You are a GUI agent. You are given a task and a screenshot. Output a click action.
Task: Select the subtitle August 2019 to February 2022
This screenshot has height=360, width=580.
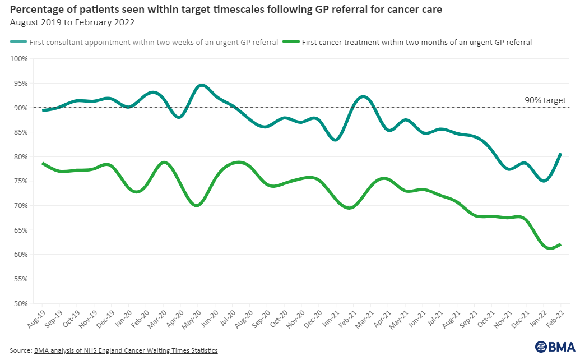coord(72,22)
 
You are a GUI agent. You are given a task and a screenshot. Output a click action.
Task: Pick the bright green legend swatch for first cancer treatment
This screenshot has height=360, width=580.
coord(291,41)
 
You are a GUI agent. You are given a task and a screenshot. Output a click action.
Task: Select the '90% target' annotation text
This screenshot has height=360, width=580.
coord(545,100)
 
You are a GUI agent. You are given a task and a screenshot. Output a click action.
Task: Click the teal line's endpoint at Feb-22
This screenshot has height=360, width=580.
coord(560,154)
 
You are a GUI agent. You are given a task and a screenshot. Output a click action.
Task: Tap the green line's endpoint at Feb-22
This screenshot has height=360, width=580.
coord(560,244)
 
